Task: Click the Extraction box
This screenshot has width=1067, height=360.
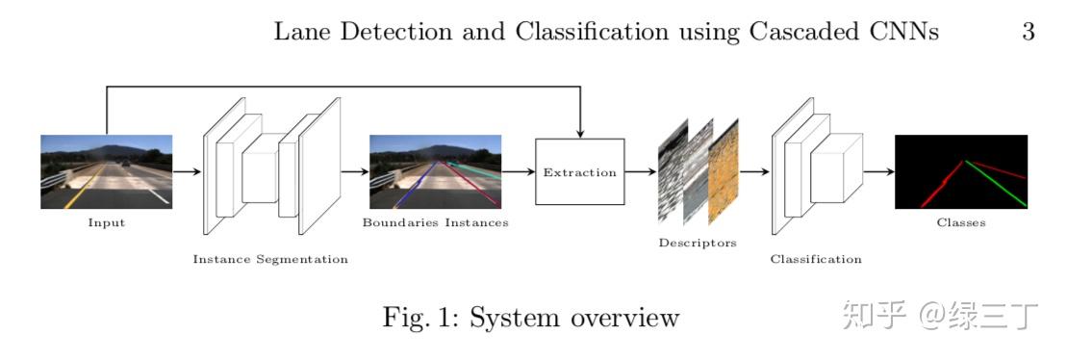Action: [x=579, y=172]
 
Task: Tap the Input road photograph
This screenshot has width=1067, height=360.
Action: [x=106, y=171]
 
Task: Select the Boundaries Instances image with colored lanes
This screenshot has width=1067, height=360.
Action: [x=435, y=171]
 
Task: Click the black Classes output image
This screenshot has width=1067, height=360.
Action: [x=960, y=171]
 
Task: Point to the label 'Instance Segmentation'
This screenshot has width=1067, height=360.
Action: [x=270, y=259]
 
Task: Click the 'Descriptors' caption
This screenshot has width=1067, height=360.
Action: [x=698, y=243]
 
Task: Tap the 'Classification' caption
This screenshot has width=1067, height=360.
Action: [x=816, y=259]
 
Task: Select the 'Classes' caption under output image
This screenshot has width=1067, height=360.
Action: [x=960, y=223]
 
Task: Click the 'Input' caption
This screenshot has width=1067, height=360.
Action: [x=106, y=223]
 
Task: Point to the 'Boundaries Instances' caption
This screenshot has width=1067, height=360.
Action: [x=435, y=223]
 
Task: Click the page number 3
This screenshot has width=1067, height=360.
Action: [x=1028, y=32]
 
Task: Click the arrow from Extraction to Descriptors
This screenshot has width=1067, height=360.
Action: [x=641, y=172]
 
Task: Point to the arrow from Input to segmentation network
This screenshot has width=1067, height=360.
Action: [x=187, y=172]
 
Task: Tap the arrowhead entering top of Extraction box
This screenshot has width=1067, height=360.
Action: [x=579, y=133]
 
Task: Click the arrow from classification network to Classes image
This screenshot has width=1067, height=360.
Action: [x=878, y=172]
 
